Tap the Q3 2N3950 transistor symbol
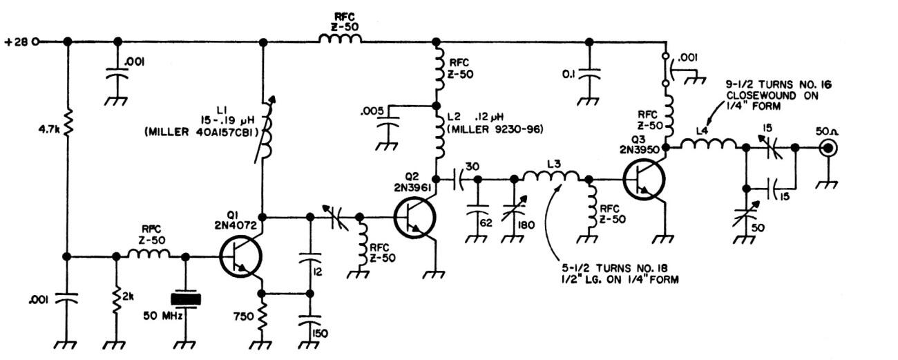644,180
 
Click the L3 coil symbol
551,178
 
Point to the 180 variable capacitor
515,208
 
